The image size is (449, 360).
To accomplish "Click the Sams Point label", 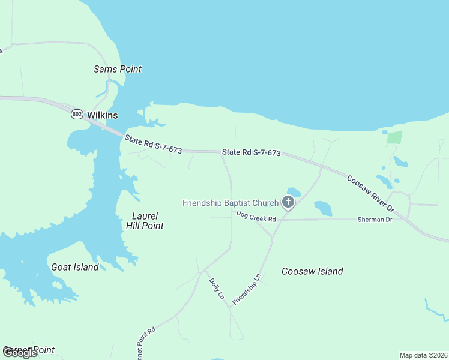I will pyautogui.click(x=118, y=69).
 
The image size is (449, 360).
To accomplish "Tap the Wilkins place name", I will pyautogui.click(x=102, y=115).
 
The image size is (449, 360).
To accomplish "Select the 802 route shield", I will pyautogui.click(x=77, y=114).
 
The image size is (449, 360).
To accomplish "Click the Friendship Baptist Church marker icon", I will pyautogui.click(x=288, y=202).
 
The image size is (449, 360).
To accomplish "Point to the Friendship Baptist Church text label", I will pyautogui.click(x=231, y=203).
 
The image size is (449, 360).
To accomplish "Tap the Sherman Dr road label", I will pyautogui.click(x=375, y=220).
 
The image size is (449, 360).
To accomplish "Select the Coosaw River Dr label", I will pyautogui.click(x=370, y=193).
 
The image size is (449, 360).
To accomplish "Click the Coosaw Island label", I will pyautogui.click(x=312, y=271).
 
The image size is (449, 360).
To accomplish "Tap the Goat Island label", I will pyautogui.click(x=75, y=267).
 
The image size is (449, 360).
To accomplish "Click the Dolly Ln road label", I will pyautogui.click(x=216, y=289).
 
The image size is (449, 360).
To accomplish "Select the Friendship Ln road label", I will pyautogui.click(x=247, y=288).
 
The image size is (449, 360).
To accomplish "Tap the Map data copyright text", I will pyautogui.click(x=423, y=355).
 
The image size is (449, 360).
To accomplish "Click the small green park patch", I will pyautogui.click(x=394, y=137).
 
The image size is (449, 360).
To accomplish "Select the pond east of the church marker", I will pyautogui.click(x=323, y=208).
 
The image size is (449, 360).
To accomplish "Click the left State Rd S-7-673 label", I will pyautogui.click(x=153, y=145).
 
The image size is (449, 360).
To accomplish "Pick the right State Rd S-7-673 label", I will pyautogui.click(x=251, y=153).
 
